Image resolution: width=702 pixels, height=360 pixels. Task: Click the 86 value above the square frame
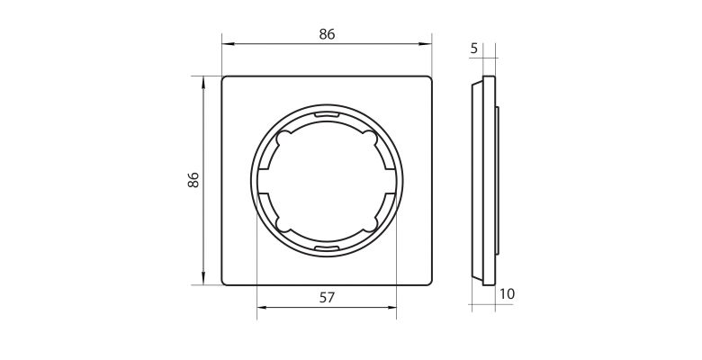pyautogui.click(x=327, y=34)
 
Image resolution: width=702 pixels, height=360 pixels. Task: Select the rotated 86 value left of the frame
pyautogui.click(x=193, y=180)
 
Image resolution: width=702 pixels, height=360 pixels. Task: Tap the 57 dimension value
pyautogui.click(x=327, y=297)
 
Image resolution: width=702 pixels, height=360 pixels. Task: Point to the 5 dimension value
pyautogui.click(x=474, y=49)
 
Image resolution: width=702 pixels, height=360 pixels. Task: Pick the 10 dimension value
pyautogui.click(x=508, y=294)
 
